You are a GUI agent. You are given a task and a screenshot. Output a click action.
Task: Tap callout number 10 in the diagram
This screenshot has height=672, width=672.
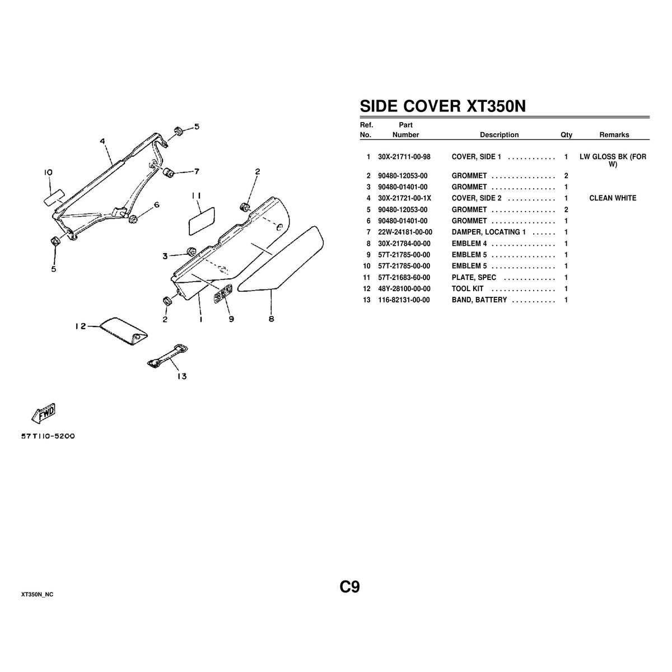pos(48,173)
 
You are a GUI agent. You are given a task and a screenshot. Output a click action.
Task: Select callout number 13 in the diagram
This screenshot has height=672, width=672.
pos(181,376)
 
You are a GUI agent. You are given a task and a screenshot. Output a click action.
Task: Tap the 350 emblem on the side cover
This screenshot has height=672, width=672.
pos(222,292)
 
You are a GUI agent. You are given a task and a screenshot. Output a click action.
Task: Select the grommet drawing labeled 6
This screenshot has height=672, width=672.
pos(133,218)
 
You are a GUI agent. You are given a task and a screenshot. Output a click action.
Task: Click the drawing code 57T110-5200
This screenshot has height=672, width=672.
pos(48,436)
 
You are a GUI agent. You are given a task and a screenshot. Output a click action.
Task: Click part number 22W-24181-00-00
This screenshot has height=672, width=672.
pos(405,232)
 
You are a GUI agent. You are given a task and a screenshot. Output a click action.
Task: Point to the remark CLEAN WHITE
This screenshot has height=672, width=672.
pos(613,198)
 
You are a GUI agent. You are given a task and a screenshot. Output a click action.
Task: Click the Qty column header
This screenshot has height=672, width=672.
pos(566,135)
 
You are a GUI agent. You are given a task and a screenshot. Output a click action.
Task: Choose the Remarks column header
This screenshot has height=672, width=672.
pos(614,135)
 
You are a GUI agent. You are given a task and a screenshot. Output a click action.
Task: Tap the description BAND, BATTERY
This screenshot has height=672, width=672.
pos(479,300)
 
